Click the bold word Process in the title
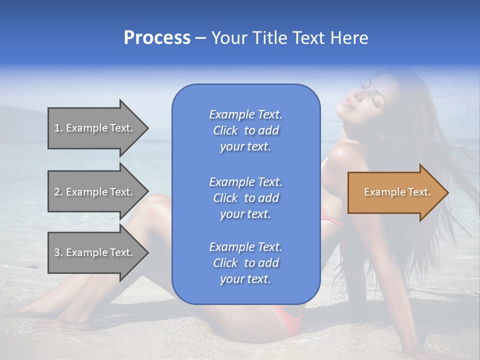pos(157,38)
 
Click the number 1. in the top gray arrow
pos(58,128)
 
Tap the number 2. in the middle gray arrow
pos(58,192)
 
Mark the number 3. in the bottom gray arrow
pos(58,252)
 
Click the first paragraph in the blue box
pos(245,130)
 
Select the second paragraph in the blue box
pos(245,198)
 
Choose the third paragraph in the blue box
pos(245,263)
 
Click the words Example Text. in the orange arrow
pos(397,192)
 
